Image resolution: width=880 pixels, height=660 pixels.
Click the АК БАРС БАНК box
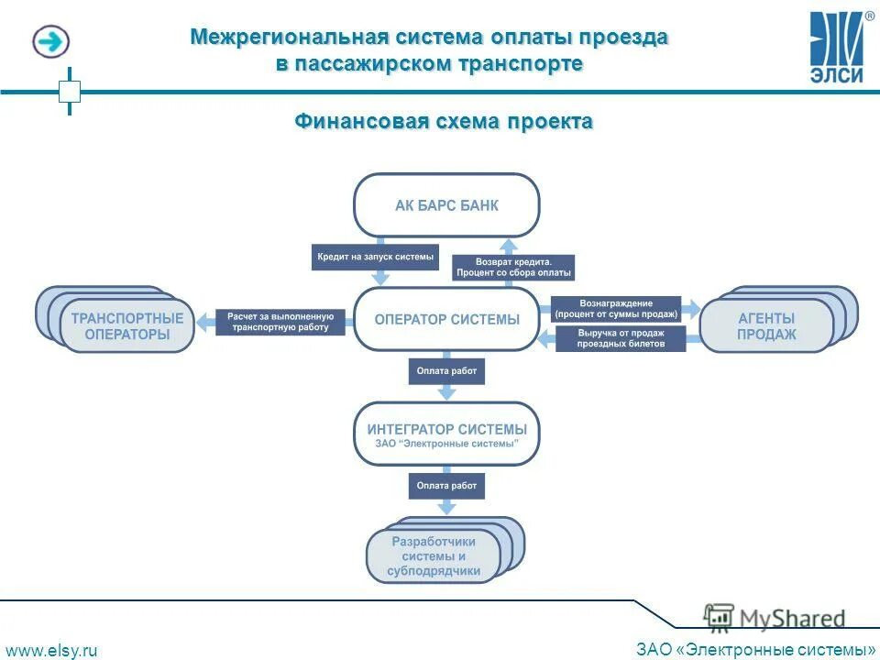(446, 205)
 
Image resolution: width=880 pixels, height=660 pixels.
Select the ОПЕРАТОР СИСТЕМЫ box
(446, 319)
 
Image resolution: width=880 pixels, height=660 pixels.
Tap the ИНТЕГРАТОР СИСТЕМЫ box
(446, 434)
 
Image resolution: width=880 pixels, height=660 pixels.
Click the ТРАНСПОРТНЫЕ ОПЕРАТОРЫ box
(126, 325)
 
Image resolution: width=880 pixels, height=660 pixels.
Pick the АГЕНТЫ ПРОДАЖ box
(766, 325)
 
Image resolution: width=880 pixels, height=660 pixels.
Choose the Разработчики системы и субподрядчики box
(434, 555)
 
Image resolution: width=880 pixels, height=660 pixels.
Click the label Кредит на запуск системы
(375, 257)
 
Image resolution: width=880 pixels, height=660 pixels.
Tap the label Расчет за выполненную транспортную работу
(280, 322)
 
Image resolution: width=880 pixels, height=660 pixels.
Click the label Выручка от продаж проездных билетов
(621, 338)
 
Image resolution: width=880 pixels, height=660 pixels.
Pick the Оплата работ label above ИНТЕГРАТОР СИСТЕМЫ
(446, 371)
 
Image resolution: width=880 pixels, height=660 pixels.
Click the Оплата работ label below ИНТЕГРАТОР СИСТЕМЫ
(446, 485)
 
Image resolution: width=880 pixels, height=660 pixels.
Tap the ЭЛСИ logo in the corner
(837, 46)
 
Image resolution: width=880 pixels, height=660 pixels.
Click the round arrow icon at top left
(51, 41)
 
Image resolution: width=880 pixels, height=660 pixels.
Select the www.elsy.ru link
(51, 650)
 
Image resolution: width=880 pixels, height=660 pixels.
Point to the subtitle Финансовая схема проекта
(443, 122)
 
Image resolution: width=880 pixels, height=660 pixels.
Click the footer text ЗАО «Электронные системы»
(754, 649)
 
